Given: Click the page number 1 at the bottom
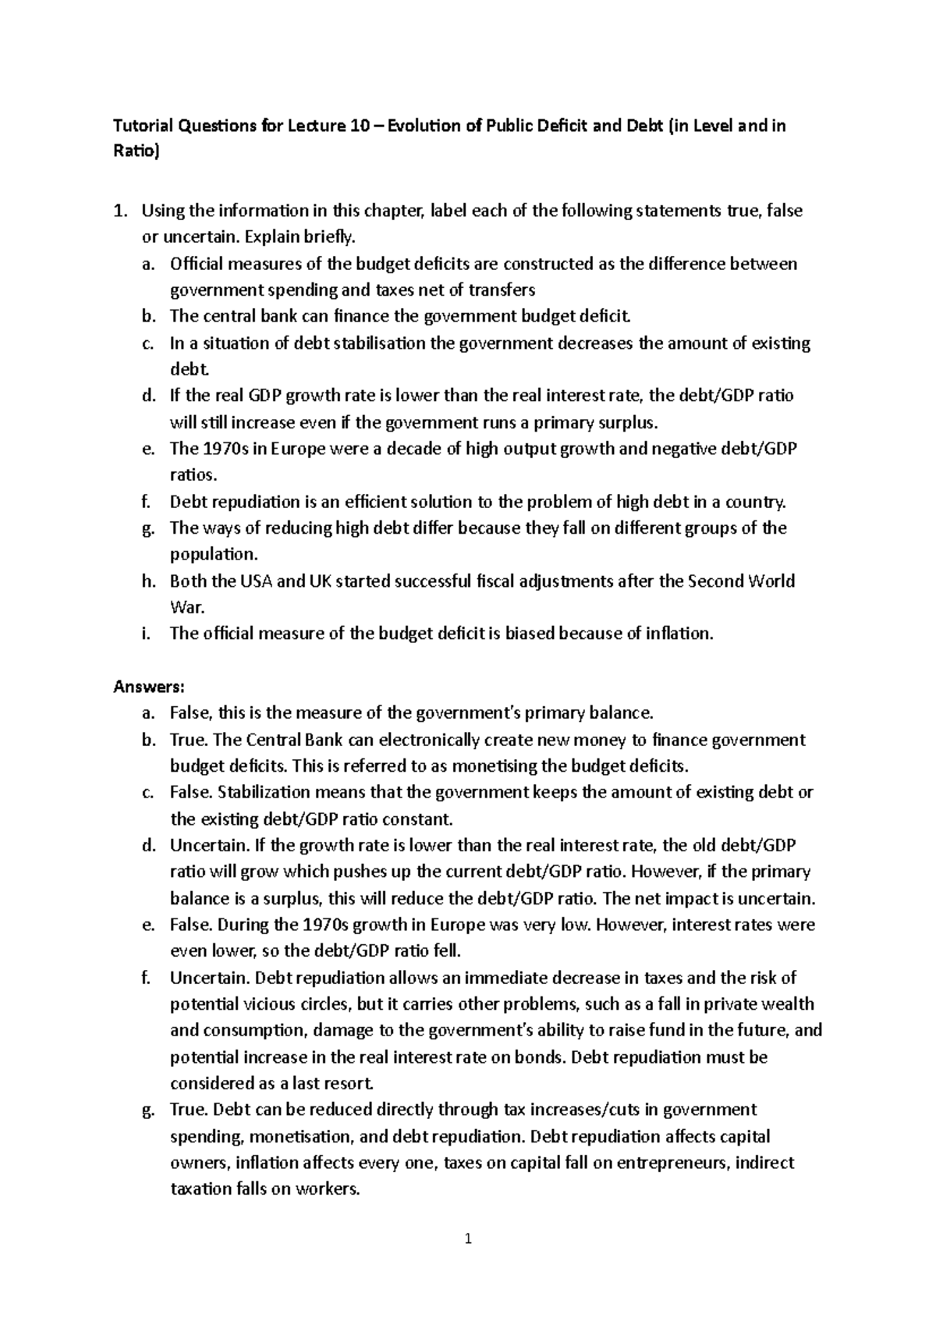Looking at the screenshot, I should coord(468,1238).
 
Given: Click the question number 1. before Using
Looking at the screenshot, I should coord(120,211).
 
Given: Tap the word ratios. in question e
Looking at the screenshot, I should coord(194,475).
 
